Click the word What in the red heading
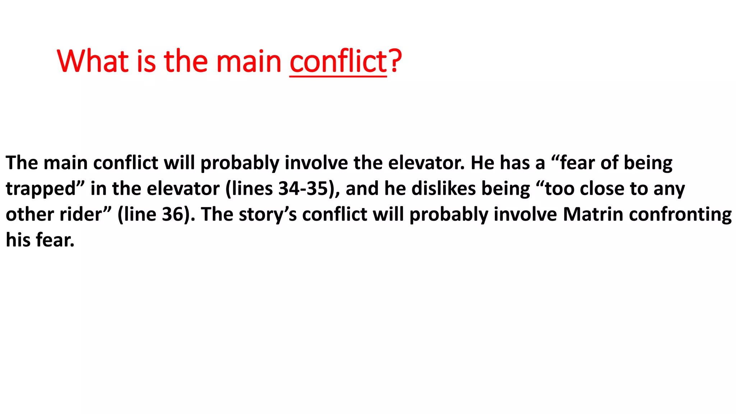click(x=93, y=61)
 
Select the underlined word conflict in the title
click(x=338, y=61)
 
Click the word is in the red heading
click(x=146, y=61)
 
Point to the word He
click(x=482, y=163)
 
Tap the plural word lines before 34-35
click(x=252, y=189)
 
